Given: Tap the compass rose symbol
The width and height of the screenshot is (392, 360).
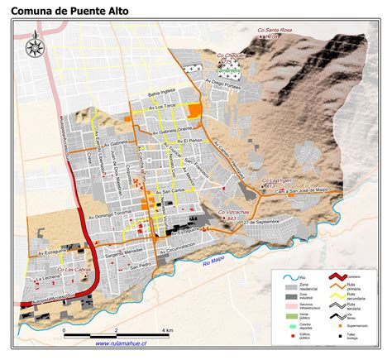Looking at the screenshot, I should click(x=36, y=47).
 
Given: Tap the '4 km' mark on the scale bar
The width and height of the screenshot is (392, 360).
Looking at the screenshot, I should click(x=169, y=330).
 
